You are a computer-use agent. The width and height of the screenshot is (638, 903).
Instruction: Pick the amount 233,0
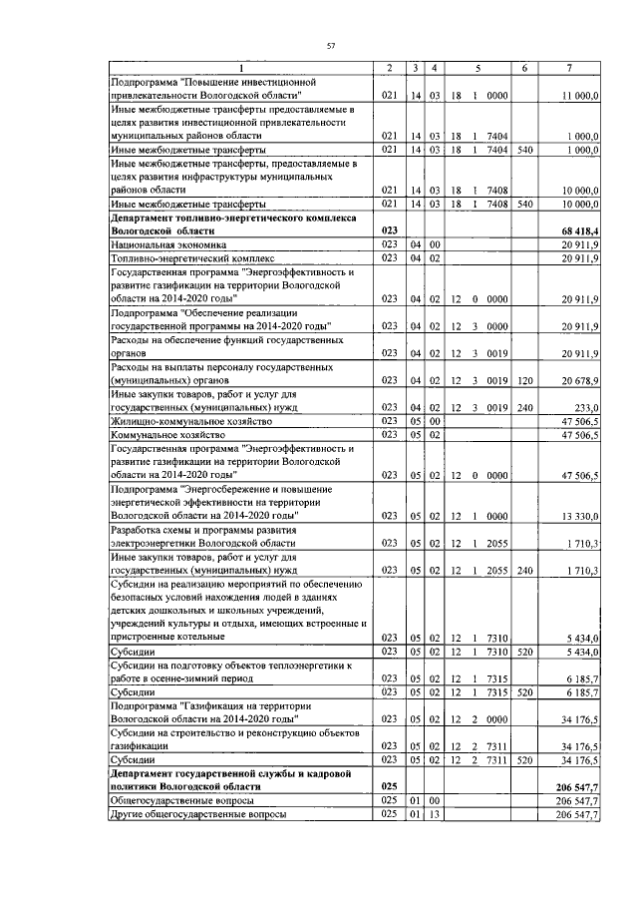click(x=586, y=407)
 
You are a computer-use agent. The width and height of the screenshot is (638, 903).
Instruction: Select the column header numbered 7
click(x=568, y=67)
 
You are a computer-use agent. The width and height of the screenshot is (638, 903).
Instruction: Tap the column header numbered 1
click(x=239, y=67)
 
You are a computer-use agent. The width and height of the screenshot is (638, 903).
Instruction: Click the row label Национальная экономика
click(x=168, y=244)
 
